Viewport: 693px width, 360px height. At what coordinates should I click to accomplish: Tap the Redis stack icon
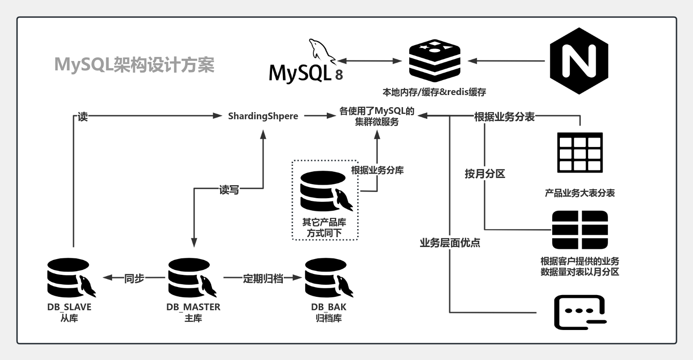coord(435,60)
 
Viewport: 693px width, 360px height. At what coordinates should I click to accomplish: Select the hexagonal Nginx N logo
coord(579,61)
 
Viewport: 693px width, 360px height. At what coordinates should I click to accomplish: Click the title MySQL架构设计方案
coord(134,65)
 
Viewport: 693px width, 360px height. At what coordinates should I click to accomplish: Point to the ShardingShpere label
coord(263,116)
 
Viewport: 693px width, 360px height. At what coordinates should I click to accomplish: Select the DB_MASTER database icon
coord(192,278)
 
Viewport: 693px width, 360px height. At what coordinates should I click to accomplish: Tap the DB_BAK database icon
coord(329,278)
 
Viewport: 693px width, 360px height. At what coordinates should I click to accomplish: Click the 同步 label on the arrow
coord(134,278)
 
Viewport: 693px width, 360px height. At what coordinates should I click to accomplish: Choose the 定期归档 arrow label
coord(263,278)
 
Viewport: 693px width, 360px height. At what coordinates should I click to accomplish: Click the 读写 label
coord(229,190)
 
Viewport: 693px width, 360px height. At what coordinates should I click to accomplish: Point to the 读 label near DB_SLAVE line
coord(82,117)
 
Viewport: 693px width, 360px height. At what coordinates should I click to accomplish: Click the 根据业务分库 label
coord(377,170)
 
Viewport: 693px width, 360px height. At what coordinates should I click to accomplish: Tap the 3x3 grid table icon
coord(580,152)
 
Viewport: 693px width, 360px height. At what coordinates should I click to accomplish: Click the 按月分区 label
coord(485,174)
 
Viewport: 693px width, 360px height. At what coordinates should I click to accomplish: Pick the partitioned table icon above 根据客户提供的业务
coord(580,230)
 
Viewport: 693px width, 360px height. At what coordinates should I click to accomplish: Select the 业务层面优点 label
coord(450,243)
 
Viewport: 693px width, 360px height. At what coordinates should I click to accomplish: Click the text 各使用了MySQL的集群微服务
coord(377,117)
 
